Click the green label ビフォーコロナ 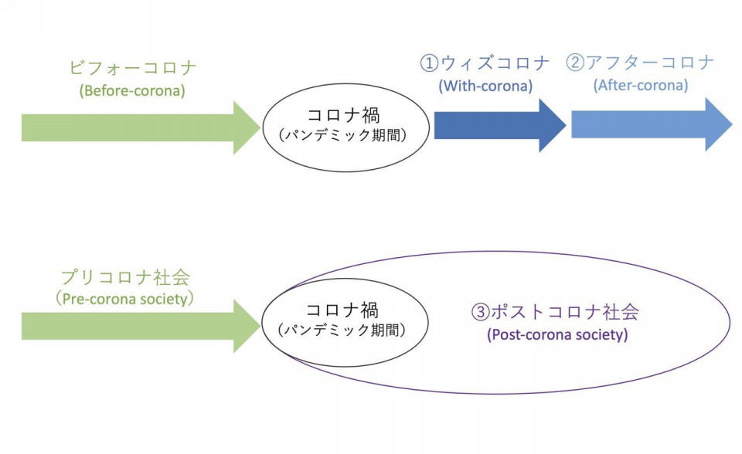tap(132, 68)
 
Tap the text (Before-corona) tap(132, 90)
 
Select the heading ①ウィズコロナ tap(485, 63)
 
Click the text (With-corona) tap(485, 86)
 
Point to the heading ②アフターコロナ tap(640, 63)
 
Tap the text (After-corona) tap(641, 85)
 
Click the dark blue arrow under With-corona tap(500, 125)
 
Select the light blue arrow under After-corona tap(652, 125)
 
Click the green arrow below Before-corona tap(141, 127)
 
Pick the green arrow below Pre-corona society tap(141, 327)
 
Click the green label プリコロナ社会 tap(126, 277)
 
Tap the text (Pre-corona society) tap(125, 299)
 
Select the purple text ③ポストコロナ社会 tap(555, 312)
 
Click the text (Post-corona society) tap(557, 334)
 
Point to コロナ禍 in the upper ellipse tap(343, 115)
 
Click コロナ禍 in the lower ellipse tap(342, 310)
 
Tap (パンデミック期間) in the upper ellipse tap(343, 135)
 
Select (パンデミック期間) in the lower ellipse tap(342, 330)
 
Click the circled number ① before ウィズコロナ tap(429, 63)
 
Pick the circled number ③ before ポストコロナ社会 tap(480, 312)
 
